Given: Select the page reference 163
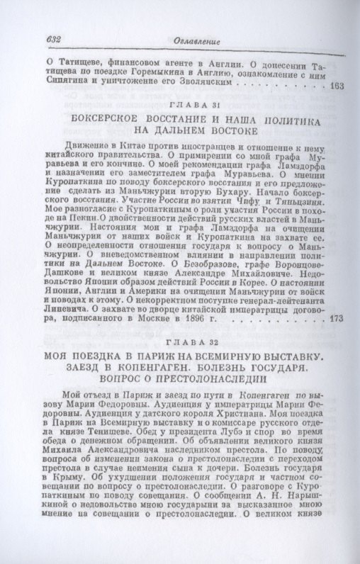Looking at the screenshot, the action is coord(337,86).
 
